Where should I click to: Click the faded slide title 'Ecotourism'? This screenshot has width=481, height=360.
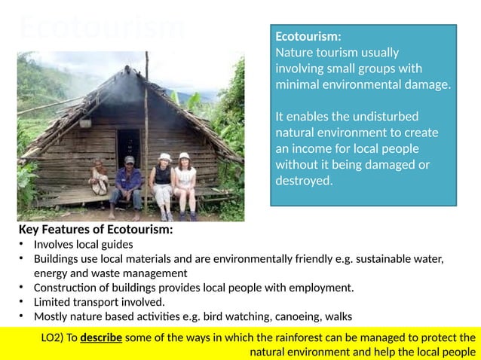coord(102,28)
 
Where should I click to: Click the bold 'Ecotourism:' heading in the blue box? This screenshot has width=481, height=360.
coord(308,36)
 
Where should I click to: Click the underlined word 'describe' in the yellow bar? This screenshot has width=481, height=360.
coord(101,337)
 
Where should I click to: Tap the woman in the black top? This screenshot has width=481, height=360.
coord(162,185)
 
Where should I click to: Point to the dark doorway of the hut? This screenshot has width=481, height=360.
coord(128,144)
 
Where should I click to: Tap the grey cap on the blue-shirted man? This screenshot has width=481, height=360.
coord(129,160)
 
